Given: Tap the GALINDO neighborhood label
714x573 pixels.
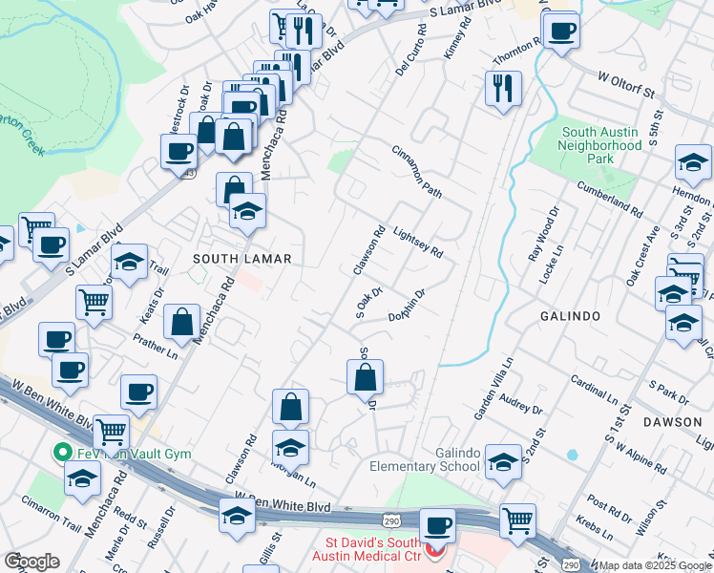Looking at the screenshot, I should pos(569,316).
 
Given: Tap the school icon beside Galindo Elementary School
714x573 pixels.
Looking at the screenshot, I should pos(502,462).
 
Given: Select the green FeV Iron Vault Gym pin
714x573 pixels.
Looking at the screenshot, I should pos(64,453).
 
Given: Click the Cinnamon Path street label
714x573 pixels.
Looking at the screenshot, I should pos(417,173).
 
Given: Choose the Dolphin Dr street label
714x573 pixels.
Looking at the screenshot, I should pos(406,308).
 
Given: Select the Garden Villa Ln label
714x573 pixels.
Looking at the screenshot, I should pos(494,389).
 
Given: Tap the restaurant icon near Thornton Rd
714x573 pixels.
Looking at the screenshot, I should pos(502,88).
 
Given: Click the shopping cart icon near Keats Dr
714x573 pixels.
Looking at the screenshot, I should pos(94,302).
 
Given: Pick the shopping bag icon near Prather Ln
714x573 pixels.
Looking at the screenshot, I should pos(181,323).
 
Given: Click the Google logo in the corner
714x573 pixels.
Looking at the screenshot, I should pos(31,561).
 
